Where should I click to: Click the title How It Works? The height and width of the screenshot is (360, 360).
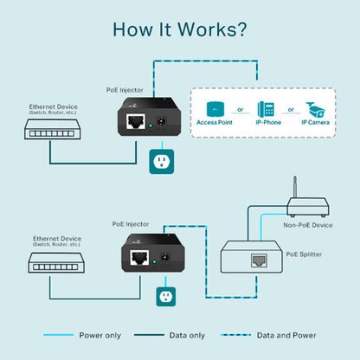click(x=179, y=29)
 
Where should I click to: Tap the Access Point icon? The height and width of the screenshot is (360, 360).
click(x=215, y=109)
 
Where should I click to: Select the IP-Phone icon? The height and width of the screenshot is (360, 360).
click(x=266, y=109)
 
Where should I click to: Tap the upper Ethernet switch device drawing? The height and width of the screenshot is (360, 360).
click(x=49, y=130)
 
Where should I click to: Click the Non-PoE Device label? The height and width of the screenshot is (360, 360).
click(x=308, y=225)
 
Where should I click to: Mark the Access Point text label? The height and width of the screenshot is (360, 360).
click(x=215, y=123)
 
